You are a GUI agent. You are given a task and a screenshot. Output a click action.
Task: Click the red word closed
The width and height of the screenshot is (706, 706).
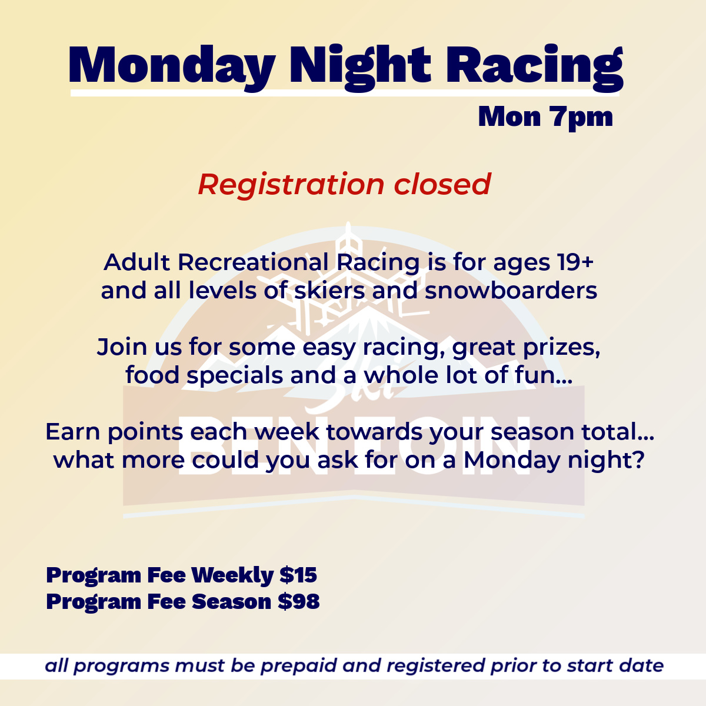[x=442, y=184]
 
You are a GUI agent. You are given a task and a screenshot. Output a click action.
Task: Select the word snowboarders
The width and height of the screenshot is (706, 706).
[x=511, y=291]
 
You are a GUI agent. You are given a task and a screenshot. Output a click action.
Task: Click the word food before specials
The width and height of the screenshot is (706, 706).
[x=152, y=375]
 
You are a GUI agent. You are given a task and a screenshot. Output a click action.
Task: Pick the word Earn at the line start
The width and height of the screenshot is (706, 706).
[x=72, y=432]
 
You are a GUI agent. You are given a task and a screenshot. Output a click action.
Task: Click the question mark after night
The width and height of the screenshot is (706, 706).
[x=638, y=459]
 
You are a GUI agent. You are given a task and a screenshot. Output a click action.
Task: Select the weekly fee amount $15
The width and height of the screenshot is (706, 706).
[x=298, y=575]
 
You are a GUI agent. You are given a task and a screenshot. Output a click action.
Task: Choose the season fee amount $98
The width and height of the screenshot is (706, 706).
[x=299, y=602]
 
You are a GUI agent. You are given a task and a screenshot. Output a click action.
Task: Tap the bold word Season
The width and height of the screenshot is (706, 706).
[x=232, y=602]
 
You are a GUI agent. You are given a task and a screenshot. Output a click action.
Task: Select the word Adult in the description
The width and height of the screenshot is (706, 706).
[x=137, y=262]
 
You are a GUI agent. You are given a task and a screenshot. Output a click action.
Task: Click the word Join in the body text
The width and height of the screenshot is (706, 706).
[x=122, y=347]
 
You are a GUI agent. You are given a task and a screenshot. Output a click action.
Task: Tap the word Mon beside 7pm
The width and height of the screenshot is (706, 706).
[x=509, y=117]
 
